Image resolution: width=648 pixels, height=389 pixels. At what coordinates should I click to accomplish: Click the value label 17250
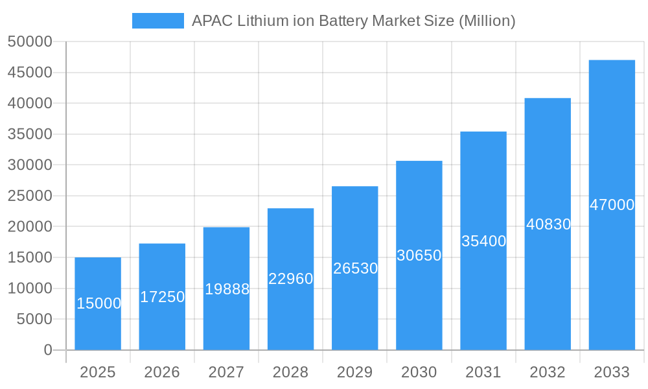162,297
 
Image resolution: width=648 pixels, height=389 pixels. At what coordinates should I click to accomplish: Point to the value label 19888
227,289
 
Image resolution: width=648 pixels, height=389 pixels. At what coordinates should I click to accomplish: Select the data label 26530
355,268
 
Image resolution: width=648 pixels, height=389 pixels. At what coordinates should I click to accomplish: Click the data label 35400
483,241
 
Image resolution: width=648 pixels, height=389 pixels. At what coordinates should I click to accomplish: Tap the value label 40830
548,224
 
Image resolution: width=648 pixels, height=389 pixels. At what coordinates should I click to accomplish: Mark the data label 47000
612,205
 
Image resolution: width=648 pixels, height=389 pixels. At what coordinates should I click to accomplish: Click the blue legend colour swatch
157,21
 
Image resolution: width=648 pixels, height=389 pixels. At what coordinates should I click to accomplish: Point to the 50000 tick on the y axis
30,42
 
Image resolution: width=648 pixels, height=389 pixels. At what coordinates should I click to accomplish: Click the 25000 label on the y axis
30,196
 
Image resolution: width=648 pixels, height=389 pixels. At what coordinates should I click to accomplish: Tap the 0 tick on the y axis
47,350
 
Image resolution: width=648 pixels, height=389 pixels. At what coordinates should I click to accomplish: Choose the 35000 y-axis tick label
30,134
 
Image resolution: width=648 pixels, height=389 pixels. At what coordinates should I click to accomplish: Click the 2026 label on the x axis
162,372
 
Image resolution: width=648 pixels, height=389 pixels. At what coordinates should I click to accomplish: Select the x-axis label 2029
355,372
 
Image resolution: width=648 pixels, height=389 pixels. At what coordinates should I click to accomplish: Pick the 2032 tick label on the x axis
548,372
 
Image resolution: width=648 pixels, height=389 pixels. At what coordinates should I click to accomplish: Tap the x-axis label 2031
483,372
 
